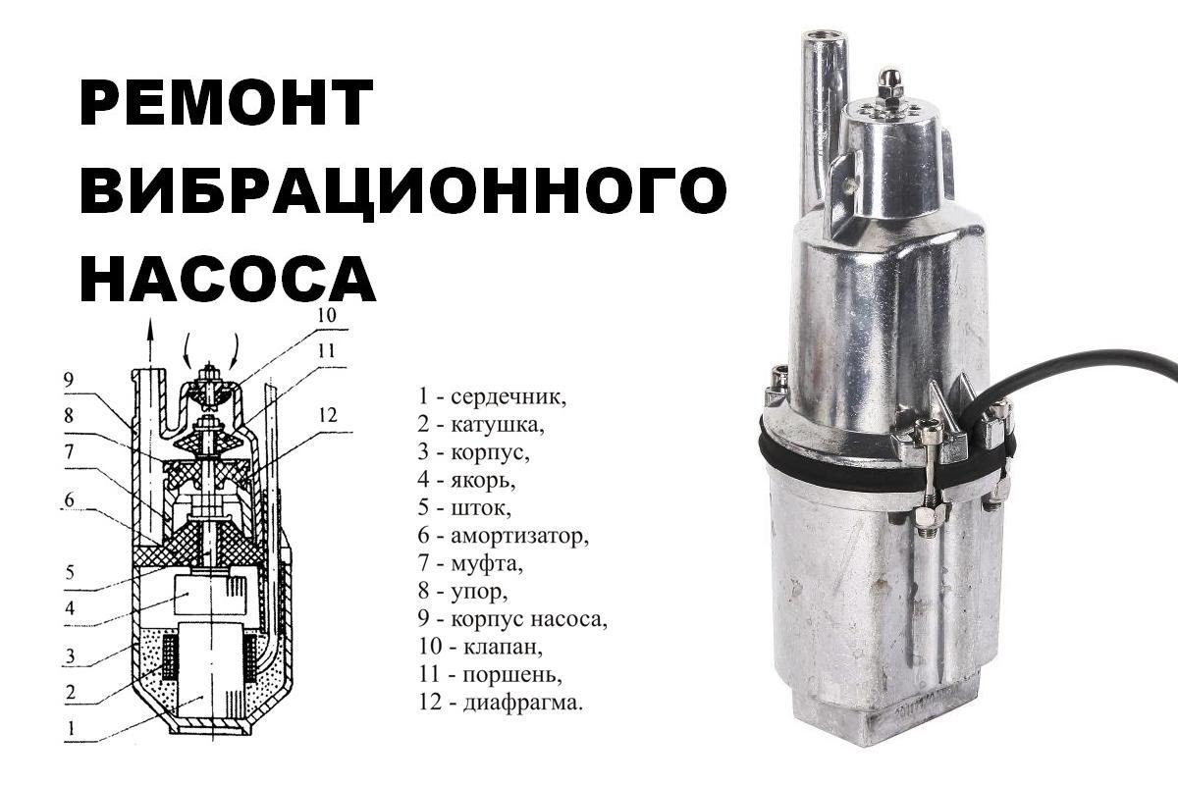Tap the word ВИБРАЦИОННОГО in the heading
(402, 190)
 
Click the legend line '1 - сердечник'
(492, 396)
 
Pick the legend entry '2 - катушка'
(480, 425)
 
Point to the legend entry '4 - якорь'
(465, 481)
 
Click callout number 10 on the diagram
(326, 316)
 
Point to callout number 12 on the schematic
(326, 416)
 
